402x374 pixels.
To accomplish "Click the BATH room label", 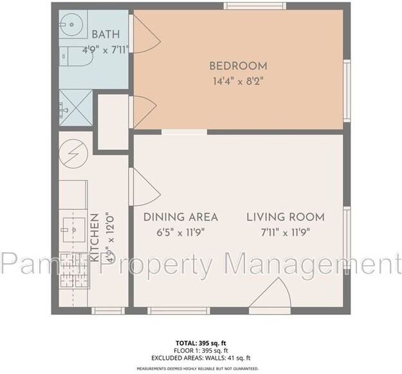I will click(x=105, y=35).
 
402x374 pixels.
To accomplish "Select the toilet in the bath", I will click(x=76, y=58).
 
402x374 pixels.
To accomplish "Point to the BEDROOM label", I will click(x=238, y=66).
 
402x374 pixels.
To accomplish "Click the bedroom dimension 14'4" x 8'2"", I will click(x=238, y=81).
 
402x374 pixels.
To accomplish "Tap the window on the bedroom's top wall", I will click(x=255, y=6).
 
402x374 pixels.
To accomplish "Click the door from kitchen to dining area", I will click(x=144, y=185).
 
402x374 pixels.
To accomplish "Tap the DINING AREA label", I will click(x=180, y=217).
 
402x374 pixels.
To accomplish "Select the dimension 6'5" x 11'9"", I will click(x=180, y=232).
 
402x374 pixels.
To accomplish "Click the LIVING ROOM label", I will click(x=285, y=217).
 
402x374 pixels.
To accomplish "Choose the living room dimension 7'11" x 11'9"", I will click(x=285, y=232).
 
